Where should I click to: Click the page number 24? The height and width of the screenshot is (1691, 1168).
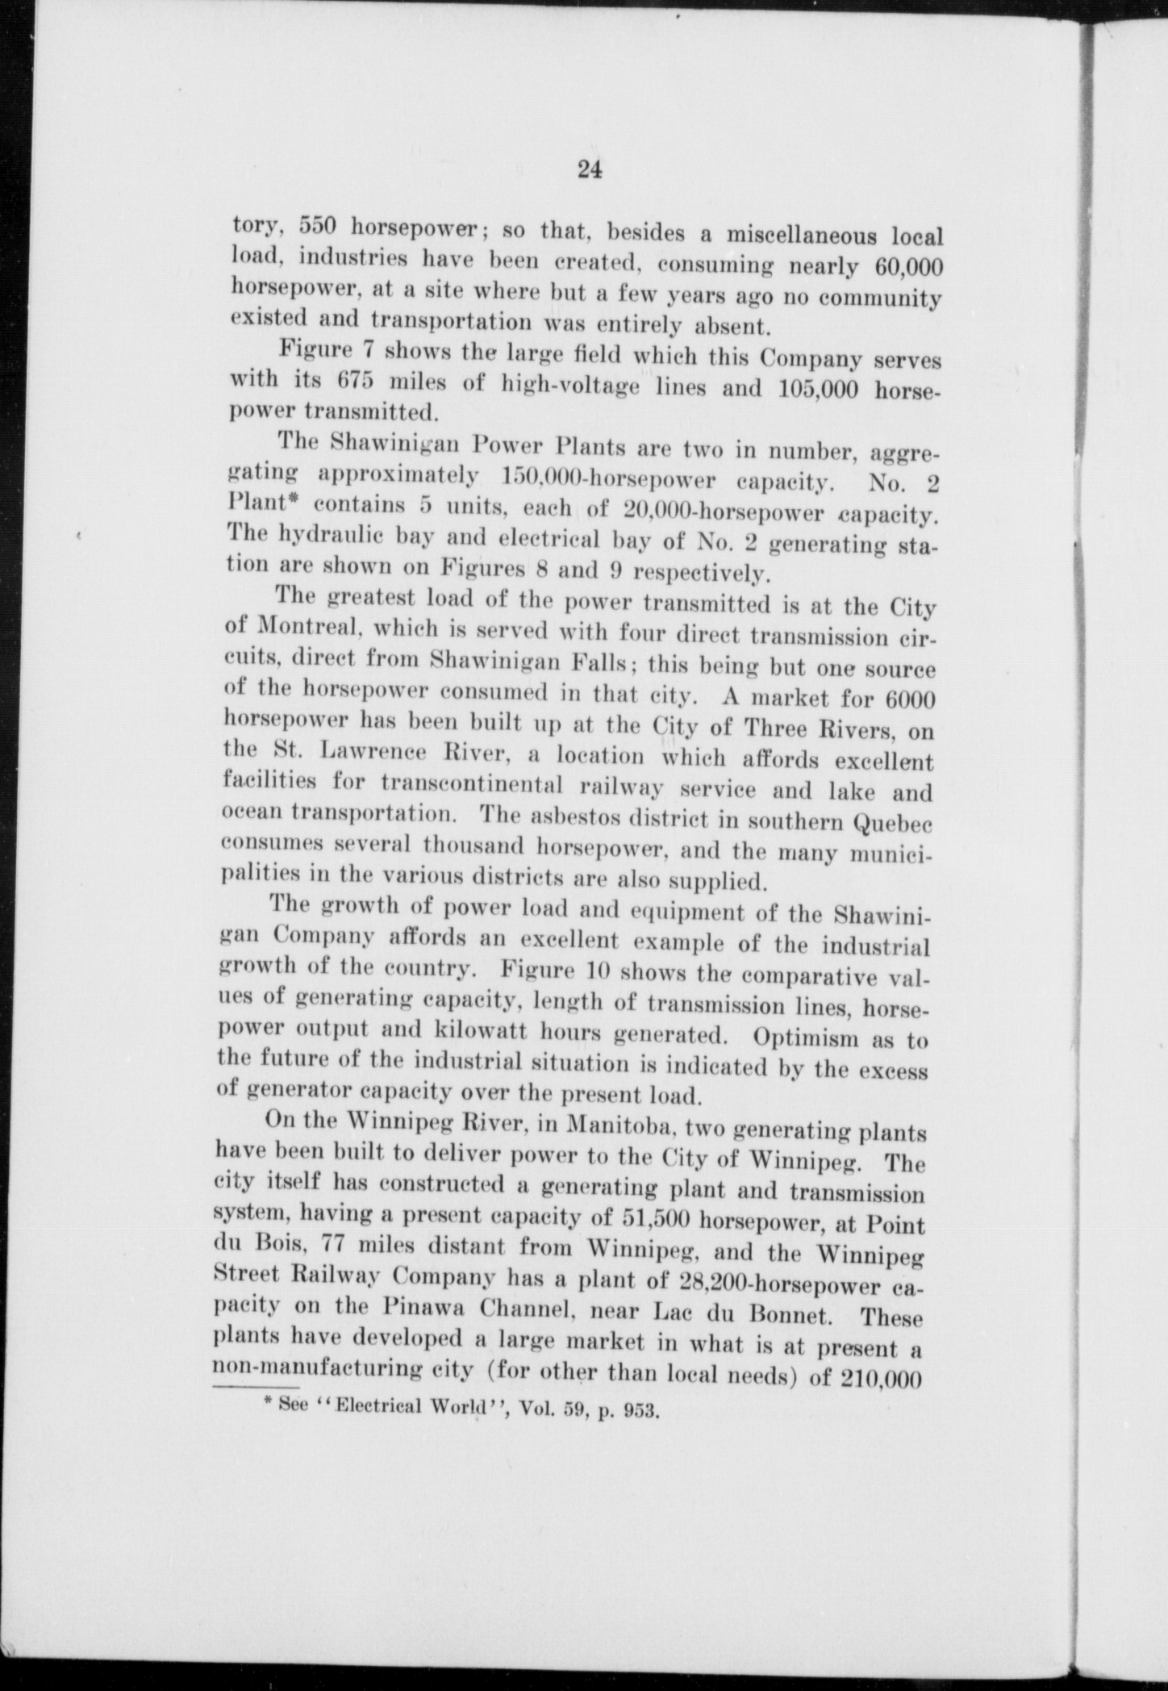590,170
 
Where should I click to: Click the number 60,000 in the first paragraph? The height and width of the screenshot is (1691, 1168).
896,266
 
